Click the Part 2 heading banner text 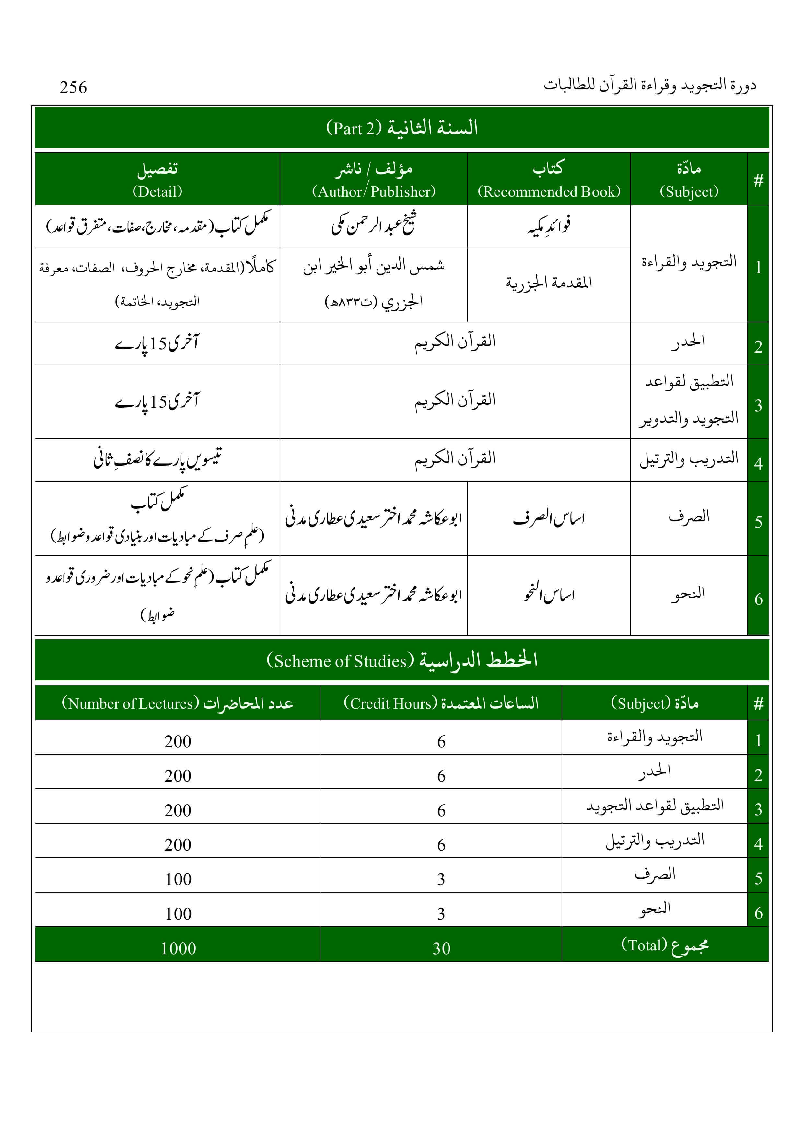pos(402,128)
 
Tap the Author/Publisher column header pos(374,179)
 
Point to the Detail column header pos(157,179)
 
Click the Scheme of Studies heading pos(402,660)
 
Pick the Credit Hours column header pos(440,703)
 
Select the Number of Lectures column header pos(177,703)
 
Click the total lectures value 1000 pos(178,948)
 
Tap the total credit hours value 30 pos(441,948)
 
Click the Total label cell pos(665,946)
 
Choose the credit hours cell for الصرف pos(441,879)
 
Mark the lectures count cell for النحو pos(178,914)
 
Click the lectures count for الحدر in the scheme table pos(178,775)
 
